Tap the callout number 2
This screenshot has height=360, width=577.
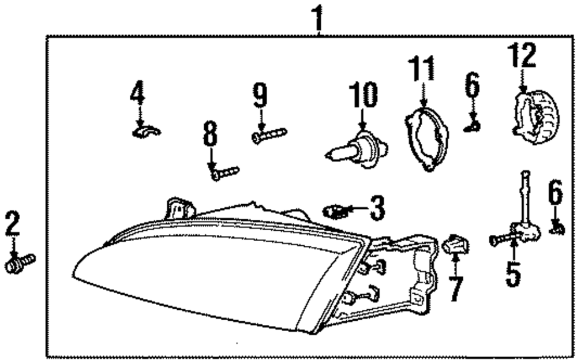(13, 224)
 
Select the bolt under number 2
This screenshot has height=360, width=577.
(20, 263)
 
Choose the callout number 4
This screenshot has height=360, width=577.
(137, 93)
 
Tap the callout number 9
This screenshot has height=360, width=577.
(260, 95)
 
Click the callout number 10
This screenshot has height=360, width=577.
(363, 96)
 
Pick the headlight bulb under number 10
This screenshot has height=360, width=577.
(357, 149)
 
